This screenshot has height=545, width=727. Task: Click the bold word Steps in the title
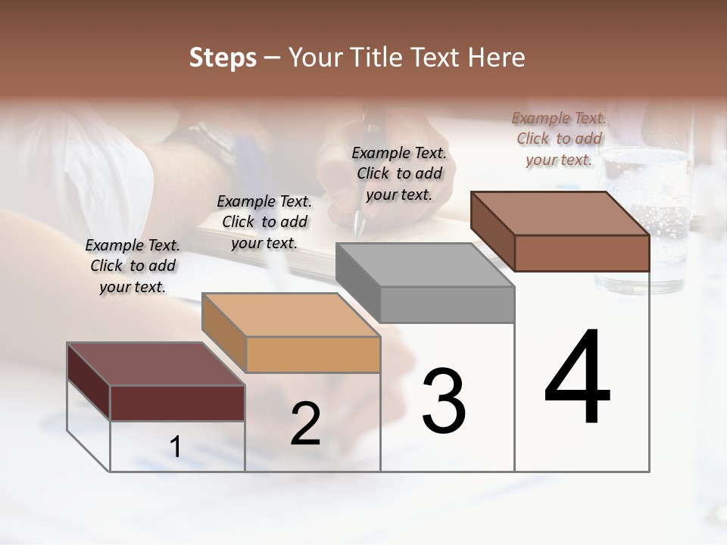tap(223, 58)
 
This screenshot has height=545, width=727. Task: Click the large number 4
tap(577, 378)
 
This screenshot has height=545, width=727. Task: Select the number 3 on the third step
tap(444, 400)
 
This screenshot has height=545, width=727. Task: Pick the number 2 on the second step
tap(306, 424)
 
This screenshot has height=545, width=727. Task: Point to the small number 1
tap(176, 447)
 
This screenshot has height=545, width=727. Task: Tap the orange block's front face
tap(313, 354)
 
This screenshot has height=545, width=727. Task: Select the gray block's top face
tap(425, 265)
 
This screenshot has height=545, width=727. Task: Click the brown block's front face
tap(582, 253)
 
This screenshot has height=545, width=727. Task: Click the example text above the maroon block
tap(133, 266)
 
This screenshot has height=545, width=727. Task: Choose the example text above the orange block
tap(264, 222)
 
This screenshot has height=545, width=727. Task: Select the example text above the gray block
tap(399, 173)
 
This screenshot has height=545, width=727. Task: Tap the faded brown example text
tap(559, 139)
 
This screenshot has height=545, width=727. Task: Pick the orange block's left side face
tap(224, 333)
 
